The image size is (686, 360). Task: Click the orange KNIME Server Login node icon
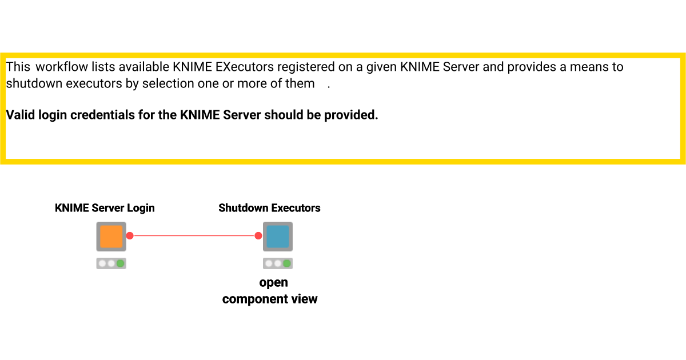[111, 236]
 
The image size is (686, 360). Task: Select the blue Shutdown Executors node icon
[278, 236]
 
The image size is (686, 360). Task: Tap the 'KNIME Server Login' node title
[105, 208]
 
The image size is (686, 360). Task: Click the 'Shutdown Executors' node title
[269, 208]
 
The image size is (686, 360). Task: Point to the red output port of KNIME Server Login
[130, 235]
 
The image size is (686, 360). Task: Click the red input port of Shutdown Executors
[258, 235]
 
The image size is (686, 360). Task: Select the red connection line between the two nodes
[194, 235]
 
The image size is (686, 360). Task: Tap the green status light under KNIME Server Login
[120, 263]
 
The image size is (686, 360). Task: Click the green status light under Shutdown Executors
[287, 263]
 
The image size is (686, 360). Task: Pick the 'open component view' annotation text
[270, 291]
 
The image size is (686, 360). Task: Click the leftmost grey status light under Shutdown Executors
[269, 263]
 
